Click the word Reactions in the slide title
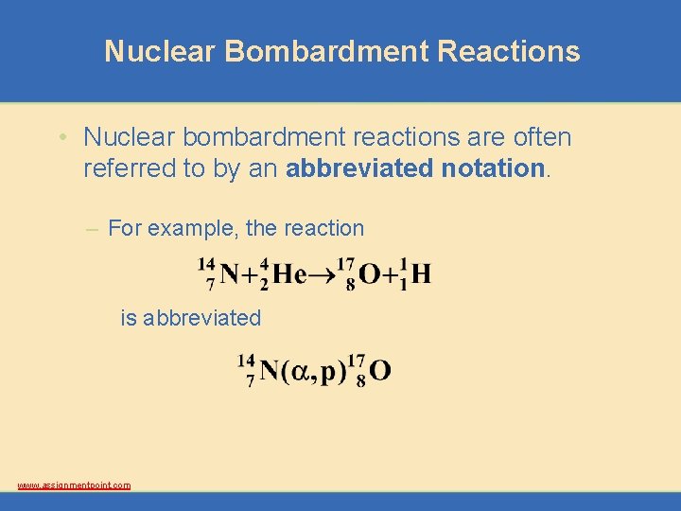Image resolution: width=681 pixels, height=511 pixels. coord(509,51)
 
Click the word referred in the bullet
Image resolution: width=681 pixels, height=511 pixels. coord(123,168)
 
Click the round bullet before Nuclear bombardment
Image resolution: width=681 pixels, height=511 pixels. coord(60,138)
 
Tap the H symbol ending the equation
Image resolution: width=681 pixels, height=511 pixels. coord(421,274)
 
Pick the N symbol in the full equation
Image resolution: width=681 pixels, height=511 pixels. coord(229,274)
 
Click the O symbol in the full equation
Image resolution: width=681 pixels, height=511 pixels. coord(370,274)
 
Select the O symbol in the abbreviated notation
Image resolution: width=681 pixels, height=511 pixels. coord(379,370)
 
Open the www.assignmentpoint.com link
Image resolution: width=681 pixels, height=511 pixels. coord(74,485)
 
